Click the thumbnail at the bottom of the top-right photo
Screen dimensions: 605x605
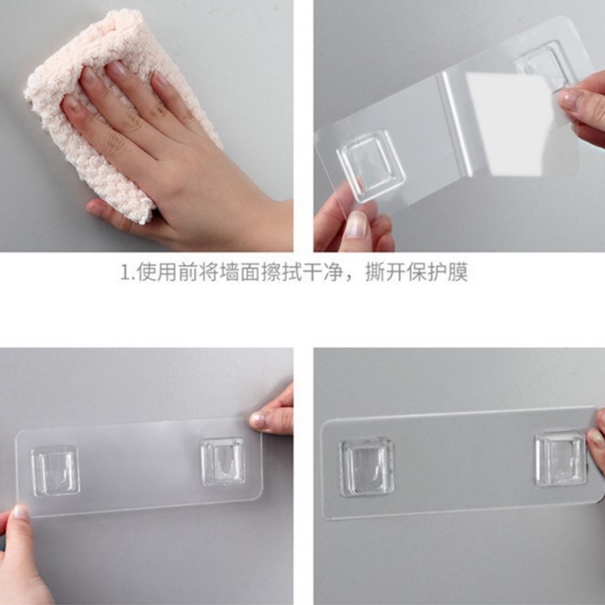(x=356, y=223)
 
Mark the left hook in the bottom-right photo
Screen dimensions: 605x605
(x=367, y=466)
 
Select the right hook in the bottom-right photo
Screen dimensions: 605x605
(x=559, y=457)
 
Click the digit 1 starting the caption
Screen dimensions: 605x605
(x=125, y=272)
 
